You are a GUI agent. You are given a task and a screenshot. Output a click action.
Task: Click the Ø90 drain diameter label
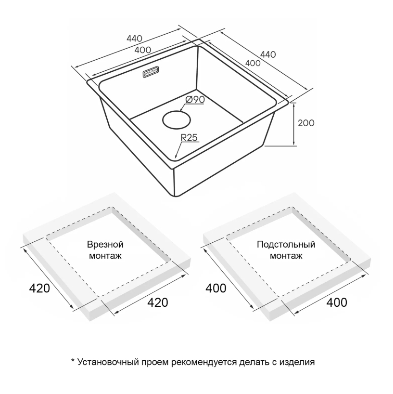pyautogui.click(x=195, y=100)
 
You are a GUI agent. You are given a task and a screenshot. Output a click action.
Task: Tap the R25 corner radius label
pyautogui.click(x=189, y=137)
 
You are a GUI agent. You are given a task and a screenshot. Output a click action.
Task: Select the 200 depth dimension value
pyautogui.click(x=306, y=123)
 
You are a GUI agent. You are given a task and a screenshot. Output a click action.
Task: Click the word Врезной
pyautogui.click(x=105, y=245)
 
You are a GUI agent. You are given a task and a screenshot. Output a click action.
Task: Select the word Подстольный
pyautogui.click(x=286, y=245)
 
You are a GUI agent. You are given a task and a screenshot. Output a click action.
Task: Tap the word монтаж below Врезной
pyautogui.click(x=105, y=256)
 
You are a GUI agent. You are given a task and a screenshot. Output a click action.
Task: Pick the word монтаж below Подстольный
pyautogui.click(x=286, y=256)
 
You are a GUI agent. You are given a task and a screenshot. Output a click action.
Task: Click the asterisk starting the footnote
pyautogui.click(x=73, y=361)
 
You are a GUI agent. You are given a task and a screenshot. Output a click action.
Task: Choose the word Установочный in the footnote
pyautogui.click(x=108, y=362)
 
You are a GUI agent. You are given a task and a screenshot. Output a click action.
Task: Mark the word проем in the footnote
pyautogui.click(x=155, y=363)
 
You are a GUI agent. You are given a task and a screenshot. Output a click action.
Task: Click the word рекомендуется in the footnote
pyautogui.click(x=204, y=363)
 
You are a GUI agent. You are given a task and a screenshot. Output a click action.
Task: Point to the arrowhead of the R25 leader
pyautogui.click(x=176, y=155)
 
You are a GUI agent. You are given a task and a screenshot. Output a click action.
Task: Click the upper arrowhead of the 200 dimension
pyautogui.click(x=294, y=105)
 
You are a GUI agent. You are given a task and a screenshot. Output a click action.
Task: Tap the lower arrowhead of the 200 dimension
pyautogui.click(x=294, y=143)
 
